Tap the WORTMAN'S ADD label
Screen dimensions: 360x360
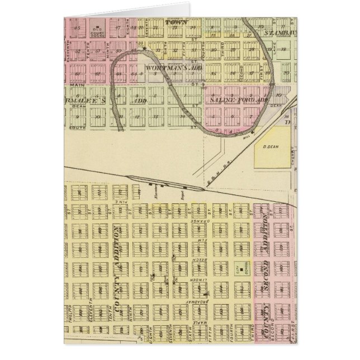pyautogui.click(x=168, y=68)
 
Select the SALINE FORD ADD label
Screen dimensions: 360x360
pyautogui.click(x=235, y=98)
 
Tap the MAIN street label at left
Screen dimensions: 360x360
pyautogui.click(x=77, y=85)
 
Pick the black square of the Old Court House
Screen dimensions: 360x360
pyautogui.click(x=98, y=27)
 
